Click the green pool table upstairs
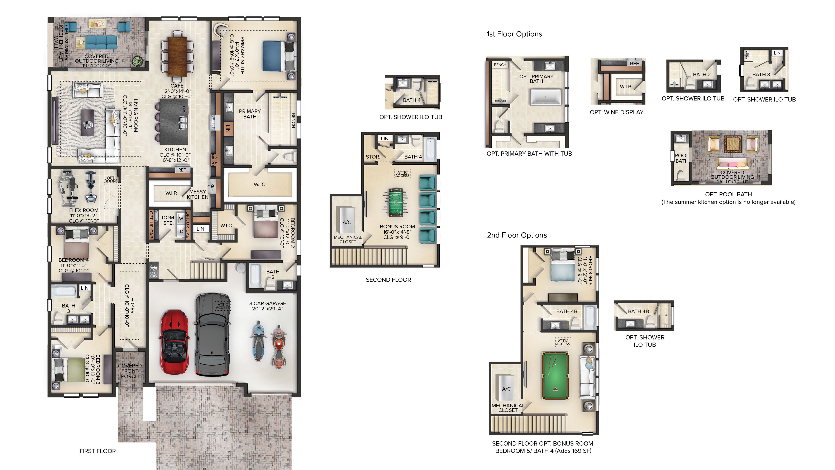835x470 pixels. [555, 376]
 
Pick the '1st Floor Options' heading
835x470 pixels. [514, 34]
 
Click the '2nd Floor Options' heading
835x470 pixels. [517, 235]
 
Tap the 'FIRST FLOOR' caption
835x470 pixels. [97, 451]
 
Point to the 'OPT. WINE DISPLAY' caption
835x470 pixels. [616, 112]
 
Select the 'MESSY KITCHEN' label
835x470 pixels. [197, 194]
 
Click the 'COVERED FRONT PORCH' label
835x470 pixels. [130, 371]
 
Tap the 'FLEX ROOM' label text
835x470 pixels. [84, 210]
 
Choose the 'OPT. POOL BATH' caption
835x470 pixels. [728, 194]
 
